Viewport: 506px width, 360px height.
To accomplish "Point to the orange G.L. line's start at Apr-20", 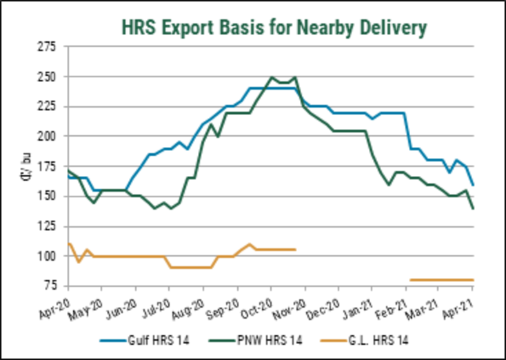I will pos(68,243).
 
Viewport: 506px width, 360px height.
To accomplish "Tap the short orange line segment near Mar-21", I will pos(441,280).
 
